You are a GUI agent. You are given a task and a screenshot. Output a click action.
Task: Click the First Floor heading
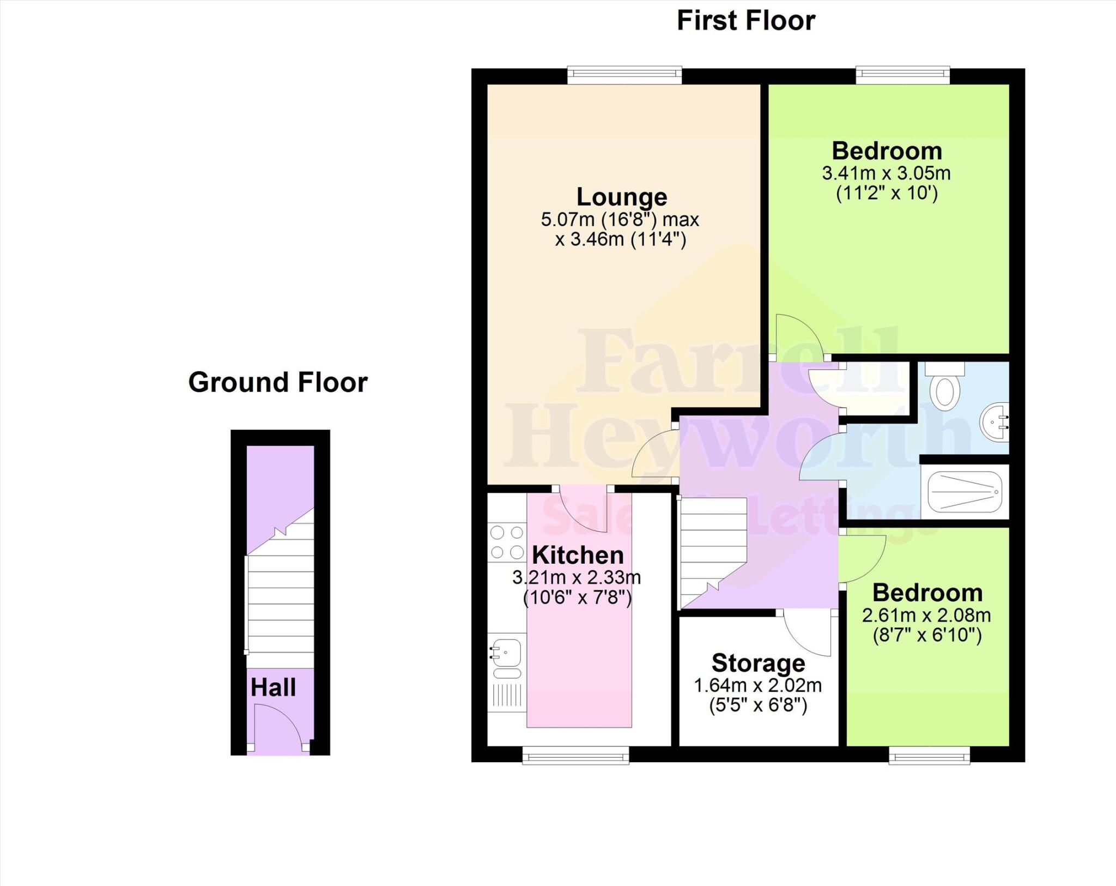(x=745, y=21)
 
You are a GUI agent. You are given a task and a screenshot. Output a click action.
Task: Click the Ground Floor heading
(x=278, y=382)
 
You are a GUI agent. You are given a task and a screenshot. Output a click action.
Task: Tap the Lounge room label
(x=622, y=197)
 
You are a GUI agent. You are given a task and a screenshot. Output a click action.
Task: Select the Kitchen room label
(x=578, y=555)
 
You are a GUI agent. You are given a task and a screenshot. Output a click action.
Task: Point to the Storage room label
(x=758, y=663)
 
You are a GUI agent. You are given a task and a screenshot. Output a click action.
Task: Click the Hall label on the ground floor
(x=273, y=688)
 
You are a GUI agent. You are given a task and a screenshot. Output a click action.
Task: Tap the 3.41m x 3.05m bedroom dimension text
(x=886, y=173)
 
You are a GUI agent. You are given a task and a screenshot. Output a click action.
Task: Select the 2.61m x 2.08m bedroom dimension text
(x=926, y=615)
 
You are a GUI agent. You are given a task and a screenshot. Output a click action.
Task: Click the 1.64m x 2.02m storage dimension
(x=757, y=685)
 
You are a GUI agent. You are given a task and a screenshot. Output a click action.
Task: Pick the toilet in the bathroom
(x=945, y=388)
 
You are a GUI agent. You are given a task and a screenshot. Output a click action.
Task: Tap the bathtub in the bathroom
(x=965, y=492)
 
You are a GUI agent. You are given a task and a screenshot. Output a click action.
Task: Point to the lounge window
(x=624, y=75)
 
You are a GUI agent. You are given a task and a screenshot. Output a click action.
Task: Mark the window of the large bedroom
(x=902, y=75)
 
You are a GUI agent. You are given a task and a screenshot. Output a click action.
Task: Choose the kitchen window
(x=575, y=755)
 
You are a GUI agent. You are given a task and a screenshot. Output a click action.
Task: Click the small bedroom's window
(x=929, y=755)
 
